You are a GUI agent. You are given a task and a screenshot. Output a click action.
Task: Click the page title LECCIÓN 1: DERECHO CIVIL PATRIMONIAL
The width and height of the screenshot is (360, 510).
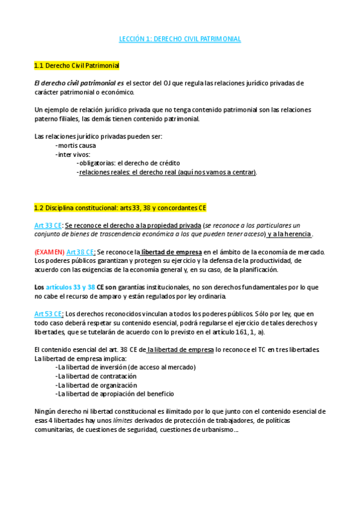[x=180, y=39]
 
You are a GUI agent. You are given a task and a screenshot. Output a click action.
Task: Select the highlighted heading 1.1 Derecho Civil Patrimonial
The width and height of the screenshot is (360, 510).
[x=77, y=65]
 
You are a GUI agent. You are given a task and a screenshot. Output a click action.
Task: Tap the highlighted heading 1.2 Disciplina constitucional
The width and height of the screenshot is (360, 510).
[x=120, y=208]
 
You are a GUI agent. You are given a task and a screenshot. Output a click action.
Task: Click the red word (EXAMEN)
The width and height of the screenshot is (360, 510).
[x=49, y=251]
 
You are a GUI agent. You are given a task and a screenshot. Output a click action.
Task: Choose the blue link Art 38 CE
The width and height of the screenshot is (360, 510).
[x=81, y=251]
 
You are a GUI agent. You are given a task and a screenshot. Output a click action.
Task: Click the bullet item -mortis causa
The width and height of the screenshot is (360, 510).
[x=75, y=146]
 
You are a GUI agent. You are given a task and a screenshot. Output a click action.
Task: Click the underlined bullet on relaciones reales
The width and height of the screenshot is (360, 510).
[x=167, y=172]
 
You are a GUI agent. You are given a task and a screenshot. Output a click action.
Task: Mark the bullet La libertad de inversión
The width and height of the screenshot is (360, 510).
[x=125, y=367]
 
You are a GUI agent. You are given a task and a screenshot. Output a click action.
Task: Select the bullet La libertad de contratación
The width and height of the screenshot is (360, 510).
[x=95, y=376]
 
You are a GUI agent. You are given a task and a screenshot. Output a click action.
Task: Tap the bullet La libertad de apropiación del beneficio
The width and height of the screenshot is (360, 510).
[x=114, y=394]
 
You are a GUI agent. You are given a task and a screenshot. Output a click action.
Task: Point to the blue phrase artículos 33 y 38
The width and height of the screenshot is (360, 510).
[x=66, y=287]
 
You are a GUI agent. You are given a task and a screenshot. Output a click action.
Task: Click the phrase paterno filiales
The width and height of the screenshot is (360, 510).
[x=58, y=119]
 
